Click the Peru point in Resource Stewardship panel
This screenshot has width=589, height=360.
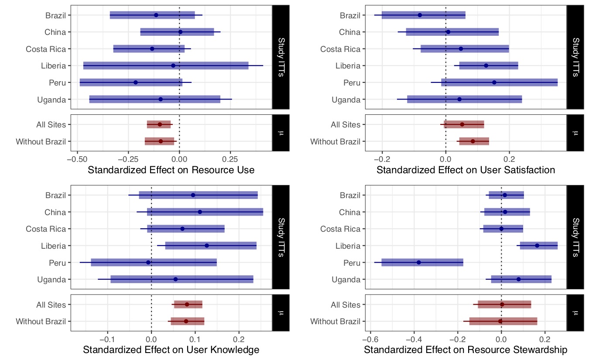(x=418, y=262)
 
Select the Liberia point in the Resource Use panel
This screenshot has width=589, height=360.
(x=173, y=65)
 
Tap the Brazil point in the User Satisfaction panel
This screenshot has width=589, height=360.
(x=420, y=15)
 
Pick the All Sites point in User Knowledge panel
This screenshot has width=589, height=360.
(x=187, y=305)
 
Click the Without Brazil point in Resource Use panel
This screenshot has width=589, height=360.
(x=161, y=141)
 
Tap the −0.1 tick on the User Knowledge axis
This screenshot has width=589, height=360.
(x=107, y=339)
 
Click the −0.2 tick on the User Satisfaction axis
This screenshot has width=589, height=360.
(x=382, y=158)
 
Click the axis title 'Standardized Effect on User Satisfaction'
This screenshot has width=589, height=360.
(x=466, y=170)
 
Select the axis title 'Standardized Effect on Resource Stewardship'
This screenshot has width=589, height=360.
(x=466, y=350)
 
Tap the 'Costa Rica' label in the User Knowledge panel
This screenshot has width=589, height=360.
(x=46, y=229)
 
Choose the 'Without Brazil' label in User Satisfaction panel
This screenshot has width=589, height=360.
(x=335, y=141)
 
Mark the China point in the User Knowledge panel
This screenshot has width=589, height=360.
(x=200, y=212)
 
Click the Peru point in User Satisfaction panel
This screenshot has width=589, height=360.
(x=494, y=82)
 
